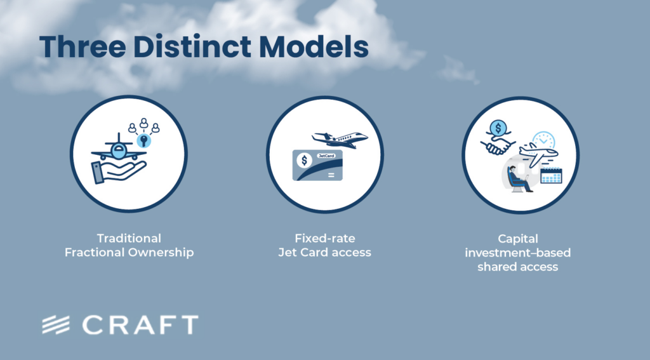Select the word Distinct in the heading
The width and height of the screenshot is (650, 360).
point(192,46)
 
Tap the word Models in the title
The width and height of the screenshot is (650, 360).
point(314,46)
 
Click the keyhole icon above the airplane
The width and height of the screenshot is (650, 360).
point(144,140)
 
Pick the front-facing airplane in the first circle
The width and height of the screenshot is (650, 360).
point(119,149)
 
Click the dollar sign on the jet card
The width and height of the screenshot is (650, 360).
point(305,161)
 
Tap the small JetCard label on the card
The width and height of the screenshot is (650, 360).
point(326,156)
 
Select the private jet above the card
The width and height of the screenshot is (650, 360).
point(340,139)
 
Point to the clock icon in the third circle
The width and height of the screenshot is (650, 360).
point(544,140)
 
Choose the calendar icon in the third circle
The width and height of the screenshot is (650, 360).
point(552,175)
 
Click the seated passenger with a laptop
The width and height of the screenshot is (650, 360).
point(519,179)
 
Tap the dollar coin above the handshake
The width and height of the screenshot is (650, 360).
point(498,128)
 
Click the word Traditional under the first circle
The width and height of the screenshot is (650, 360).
point(129,239)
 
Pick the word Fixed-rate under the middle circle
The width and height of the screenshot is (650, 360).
point(324,239)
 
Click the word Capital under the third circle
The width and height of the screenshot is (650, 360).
point(518,239)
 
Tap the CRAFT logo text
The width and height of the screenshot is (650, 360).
point(140,324)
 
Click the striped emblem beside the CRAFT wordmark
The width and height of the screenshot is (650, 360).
point(56,324)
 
